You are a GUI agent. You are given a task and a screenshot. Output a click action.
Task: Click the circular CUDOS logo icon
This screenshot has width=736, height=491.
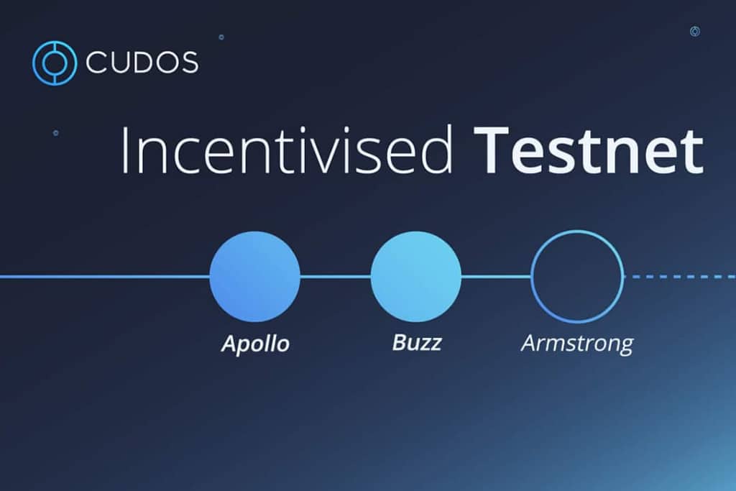tap(54, 63)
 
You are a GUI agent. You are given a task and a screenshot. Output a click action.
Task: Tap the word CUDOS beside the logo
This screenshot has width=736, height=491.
tap(142, 63)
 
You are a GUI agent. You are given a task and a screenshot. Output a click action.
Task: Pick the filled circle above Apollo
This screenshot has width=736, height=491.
tap(254, 276)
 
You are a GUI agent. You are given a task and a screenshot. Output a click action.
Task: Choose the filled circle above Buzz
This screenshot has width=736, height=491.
tap(415, 276)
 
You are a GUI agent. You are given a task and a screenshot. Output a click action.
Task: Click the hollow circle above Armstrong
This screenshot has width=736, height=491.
tap(576, 276)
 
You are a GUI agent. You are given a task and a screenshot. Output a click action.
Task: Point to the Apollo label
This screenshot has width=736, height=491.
tap(255, 344)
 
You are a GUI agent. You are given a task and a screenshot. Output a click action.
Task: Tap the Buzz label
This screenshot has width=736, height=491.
tap(416, 342)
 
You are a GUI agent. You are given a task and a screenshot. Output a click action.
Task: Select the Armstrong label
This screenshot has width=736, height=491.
tap(576, 344)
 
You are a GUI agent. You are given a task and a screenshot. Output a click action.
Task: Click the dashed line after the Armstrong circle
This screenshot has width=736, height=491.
tap(679, 276)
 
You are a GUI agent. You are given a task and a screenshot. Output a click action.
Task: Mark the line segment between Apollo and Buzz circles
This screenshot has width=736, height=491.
tap(335, 276)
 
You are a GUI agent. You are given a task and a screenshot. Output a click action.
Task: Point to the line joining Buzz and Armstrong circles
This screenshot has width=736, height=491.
tap(496, 276)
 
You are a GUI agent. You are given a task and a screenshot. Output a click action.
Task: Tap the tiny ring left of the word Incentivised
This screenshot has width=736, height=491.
tap(55, 133)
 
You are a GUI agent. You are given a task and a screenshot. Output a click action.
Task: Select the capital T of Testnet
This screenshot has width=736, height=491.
tap(497, 150)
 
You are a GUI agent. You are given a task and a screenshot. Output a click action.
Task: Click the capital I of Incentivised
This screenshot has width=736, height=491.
tap(125, 150)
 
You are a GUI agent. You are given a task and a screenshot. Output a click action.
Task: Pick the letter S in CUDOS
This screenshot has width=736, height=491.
tap(188, 63)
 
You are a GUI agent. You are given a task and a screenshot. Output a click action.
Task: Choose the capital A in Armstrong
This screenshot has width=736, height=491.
tap(528, 343)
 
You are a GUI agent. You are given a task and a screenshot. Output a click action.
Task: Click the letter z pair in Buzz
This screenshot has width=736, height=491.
tap(431, 343)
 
